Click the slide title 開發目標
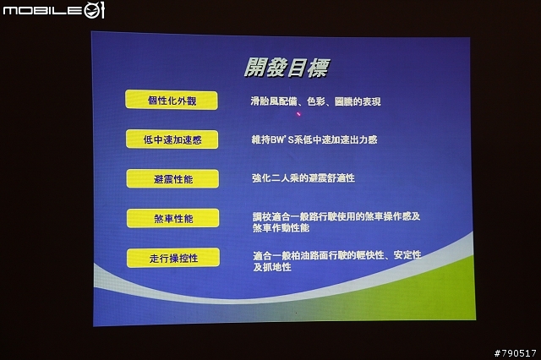click(x=287, y=68)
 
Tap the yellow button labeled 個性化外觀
click(x=172, y=100)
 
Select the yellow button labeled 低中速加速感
click(x=172, y=139)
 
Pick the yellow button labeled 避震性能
click(x=172, y=178)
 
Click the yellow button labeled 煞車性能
click(x=172, y=218)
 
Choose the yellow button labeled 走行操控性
click(x=173, y=258)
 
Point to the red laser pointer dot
click(x=298, y=113)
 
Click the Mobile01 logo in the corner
click(x=53, y=10)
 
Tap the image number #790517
click(x=515, y=353)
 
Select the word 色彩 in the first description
click(x=315, y=101)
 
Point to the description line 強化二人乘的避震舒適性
click(x=303, y=178)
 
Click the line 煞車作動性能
click(x=281, y=228)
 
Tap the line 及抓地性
click(x=272, y=267)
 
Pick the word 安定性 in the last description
click(x=407, y=255)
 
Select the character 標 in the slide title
click(x=318, y=68)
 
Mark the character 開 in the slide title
click(x=254, y=68)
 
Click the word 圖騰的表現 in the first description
click(x=358, y=101)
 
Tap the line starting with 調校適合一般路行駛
click(x=336, y=216)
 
